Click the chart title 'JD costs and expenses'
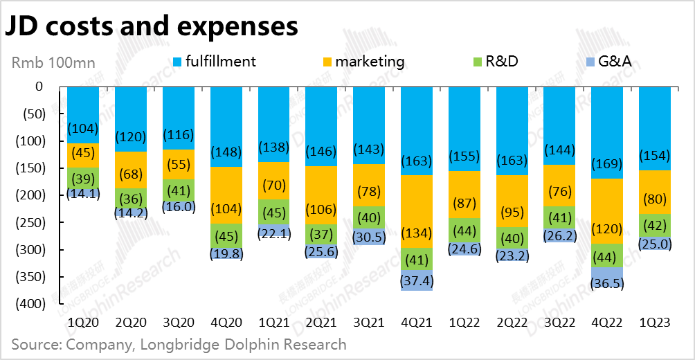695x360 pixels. click(x=152, y=26)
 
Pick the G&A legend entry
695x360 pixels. click(x=610, y=62)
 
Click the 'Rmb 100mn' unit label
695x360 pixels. click(x=53, y=63)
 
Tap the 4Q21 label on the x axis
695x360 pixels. click(x=417, y=323)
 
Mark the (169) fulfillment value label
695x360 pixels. click(x=607, y=164)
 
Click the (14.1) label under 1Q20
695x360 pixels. click(x=83, y=194)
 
